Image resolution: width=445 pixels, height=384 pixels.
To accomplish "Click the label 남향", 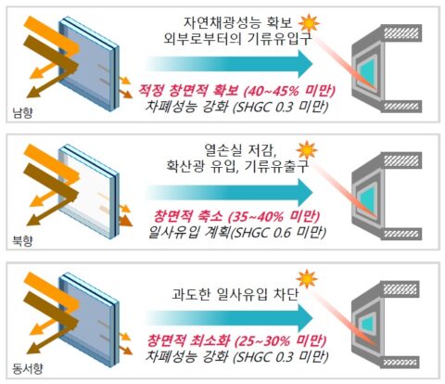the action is pos(22,112).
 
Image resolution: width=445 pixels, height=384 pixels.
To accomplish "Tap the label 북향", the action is pos(22,240).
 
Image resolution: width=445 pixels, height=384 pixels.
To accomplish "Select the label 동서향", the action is pos(28,368).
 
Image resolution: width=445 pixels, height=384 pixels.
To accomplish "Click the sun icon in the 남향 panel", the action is pos(309,22).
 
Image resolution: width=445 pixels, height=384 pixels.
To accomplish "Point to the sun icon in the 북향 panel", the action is pos(307,150).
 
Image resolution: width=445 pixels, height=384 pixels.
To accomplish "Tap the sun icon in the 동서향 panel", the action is pos(307,279).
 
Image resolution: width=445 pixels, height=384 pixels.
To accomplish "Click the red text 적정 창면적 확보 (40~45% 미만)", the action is pos(236,90).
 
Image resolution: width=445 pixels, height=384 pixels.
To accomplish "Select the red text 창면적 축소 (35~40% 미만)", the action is pos(236,216).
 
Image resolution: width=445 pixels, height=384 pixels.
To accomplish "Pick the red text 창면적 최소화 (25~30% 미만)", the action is pos(236,340).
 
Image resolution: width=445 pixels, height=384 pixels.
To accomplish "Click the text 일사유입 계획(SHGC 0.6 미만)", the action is pos(237,232).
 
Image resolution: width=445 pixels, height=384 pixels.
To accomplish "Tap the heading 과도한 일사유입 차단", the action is pos(235,294).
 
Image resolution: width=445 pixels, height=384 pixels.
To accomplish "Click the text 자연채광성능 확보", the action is pos(237,22).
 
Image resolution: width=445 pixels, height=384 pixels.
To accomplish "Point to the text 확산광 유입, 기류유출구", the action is pos(237,166).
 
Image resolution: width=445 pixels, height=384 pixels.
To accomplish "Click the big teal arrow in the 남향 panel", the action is pos(230,63).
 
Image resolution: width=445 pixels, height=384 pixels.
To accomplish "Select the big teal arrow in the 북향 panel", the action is pos(230,192).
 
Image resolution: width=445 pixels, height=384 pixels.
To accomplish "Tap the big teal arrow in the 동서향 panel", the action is pos(230,319).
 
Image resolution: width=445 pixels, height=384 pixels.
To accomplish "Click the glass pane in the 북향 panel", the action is pos(89,191).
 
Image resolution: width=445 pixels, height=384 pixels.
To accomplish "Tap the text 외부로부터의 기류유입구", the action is pos(237,39).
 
